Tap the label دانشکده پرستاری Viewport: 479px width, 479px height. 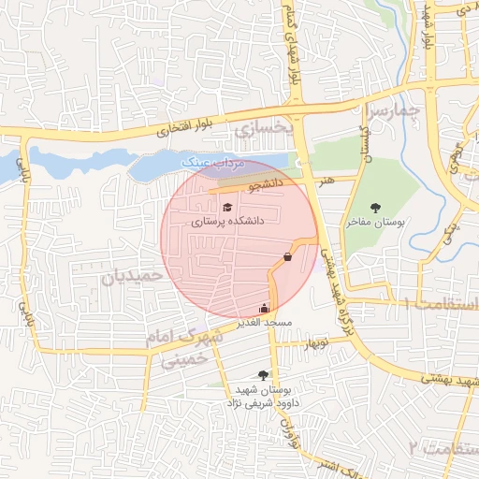227,223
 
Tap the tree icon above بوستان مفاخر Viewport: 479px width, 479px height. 375,208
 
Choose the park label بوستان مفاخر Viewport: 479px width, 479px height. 375,224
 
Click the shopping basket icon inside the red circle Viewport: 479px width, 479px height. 286,256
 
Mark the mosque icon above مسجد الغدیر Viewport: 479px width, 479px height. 264,308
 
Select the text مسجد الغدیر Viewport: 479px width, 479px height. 266,322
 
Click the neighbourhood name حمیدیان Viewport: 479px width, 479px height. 132,276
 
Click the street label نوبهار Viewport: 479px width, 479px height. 315,343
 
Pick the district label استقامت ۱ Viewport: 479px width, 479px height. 440,305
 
